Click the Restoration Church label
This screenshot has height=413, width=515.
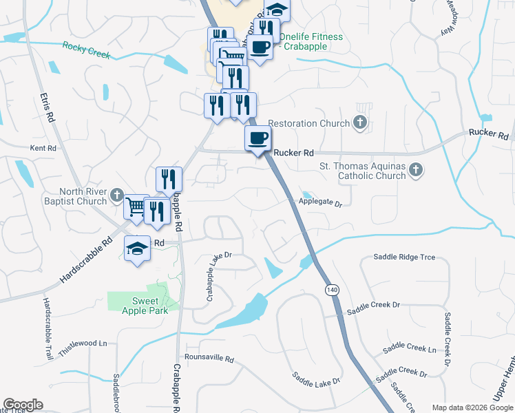click(x=308, y=123)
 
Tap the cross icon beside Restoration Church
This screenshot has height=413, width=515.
click(x=359, y=123)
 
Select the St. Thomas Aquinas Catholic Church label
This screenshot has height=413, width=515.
click(x=362, y=171)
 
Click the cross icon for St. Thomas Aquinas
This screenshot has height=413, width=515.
click(x=415, y=169)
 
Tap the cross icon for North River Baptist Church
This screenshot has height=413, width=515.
click(x=118, y=195)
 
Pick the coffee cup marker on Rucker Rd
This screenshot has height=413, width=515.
click(x=258, y=139)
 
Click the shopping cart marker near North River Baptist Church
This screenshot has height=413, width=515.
click(x=136, y=206)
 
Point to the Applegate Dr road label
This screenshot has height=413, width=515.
click(x=320, y=203)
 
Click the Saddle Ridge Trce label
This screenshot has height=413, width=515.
click(x=404, y=257)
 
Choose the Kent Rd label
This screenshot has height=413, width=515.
click(x=42, y=148)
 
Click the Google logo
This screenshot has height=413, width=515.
click(x=23, y=405)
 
